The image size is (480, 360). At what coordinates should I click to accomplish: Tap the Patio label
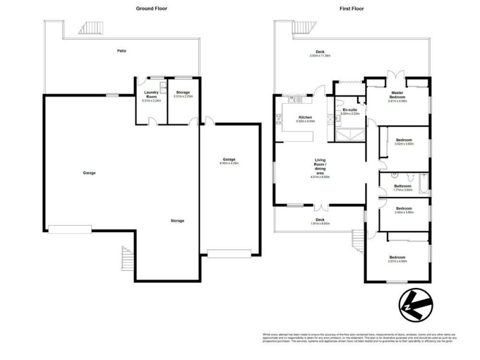(122, 50)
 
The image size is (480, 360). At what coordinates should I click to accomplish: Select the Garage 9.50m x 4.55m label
(230, 161)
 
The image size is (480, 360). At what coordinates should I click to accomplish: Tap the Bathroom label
(403, 187)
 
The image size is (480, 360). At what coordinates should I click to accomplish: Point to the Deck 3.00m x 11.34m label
(320, 53)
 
